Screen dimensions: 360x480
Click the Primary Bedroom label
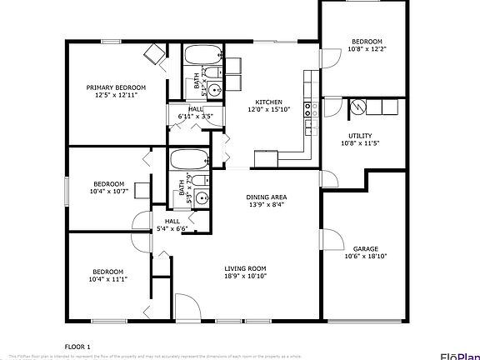pyautogui.click(x=116, y=87)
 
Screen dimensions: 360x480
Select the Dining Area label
pyautogui.click(x=266, y=197)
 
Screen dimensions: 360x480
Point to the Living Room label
pyautogui.click(x=245, y=268)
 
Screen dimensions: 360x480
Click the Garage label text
pyautogui.click(x=366, y=248)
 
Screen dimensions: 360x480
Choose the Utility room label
pyautogui.click(x=360, y=136)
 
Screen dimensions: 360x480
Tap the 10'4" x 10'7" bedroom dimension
pyautogui.click(x=108, y=191)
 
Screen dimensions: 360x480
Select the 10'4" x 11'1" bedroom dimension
pyautogui.click(x=108, y=279)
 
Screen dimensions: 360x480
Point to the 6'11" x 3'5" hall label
pyautogui.click(x=196, y=116)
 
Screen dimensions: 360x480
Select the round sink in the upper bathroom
pyautogui.click(x=215, y=89)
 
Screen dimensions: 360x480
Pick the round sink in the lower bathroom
pyautogui.click(x=201, y=200)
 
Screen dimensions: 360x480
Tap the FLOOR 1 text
pyautogui.click(x=78, y=345)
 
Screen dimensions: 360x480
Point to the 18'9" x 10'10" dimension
pyautogui.click(x=245, y=276)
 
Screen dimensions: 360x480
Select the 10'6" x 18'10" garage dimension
pyautogui.click(x=366, y=256)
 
